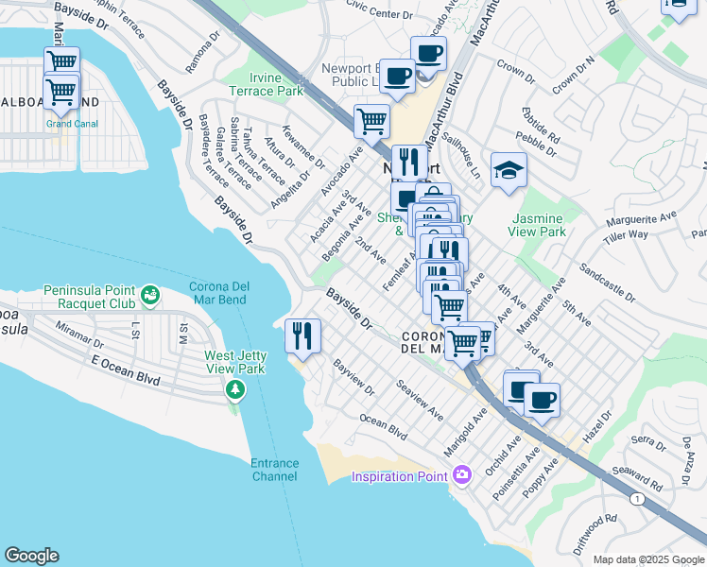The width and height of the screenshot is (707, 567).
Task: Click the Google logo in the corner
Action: pos(31,556)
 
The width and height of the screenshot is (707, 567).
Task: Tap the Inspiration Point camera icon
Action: pos(462,474)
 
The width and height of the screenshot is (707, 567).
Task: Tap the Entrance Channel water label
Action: pos(274,470)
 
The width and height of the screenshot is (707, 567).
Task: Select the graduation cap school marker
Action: pos(509,170)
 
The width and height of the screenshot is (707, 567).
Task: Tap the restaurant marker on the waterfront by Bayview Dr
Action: pos(302,335)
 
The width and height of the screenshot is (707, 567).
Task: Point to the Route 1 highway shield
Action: pos(643,497)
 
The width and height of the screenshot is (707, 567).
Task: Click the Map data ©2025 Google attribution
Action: pos(647,559)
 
